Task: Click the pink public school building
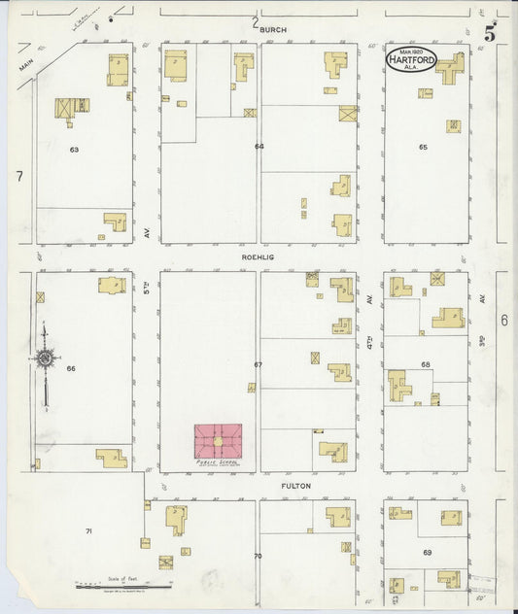(x=219, y=441)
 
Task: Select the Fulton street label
(x=267, y=486)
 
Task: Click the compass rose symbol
(x=45, y=359)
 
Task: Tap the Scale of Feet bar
(x=123, y=586)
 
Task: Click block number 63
(x=73, y=150)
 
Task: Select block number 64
(x=259, y=147)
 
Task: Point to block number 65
(x=423, y=147)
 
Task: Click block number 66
(x=71, y=368)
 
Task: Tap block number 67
(x=259, y=364)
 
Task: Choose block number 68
(x=425, y=364)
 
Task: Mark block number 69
(x=427, y=553)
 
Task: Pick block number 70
(x=258, y=557)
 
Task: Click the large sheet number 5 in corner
(x=491, y=33)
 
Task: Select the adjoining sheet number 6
(x=504, y=320)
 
